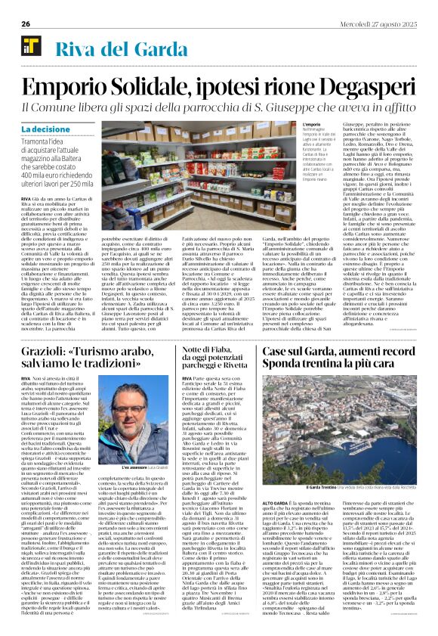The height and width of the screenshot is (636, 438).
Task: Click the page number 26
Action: [26, 24]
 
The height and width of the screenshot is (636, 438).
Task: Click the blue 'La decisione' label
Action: [43, 130]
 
